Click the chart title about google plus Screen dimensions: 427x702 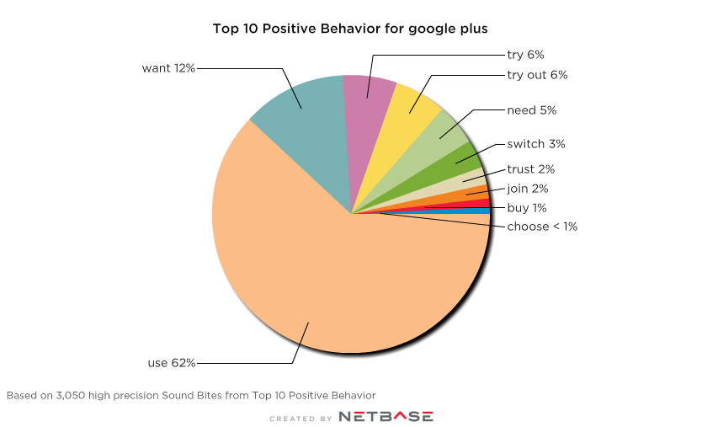click(x=350, y=29)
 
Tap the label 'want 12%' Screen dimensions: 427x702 click(x=168, y=67)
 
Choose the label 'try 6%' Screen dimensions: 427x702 click(x=526, y=55)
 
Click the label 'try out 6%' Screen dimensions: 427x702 click(x=537, y=75)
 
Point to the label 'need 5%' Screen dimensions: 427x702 click(x=531, y=110)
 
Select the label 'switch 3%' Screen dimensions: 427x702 click(x=535, y=144)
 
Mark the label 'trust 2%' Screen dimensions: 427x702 click(x=530, y=169)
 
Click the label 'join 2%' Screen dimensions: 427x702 click(x=528, y=189)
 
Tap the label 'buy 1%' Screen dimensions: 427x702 click(x=526, y=207)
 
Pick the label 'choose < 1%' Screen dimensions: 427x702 click(x=541, y=227)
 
